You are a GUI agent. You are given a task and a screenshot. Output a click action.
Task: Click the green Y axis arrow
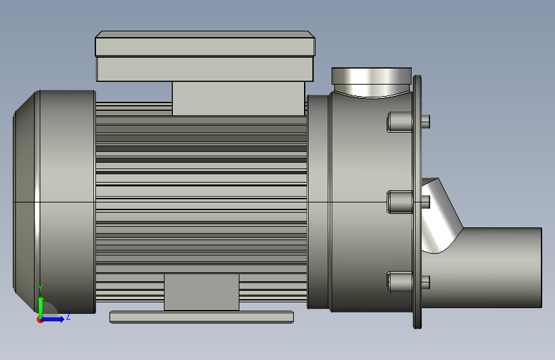41,306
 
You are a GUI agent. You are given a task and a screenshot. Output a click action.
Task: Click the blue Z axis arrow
53,319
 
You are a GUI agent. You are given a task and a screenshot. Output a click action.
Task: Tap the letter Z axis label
68,315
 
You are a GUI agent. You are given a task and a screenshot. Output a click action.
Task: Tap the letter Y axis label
41,288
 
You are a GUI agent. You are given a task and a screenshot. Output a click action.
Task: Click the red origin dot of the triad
40,320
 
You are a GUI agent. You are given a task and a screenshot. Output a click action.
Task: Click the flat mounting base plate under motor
202,317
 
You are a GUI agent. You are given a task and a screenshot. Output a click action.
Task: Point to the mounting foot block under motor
202,292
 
